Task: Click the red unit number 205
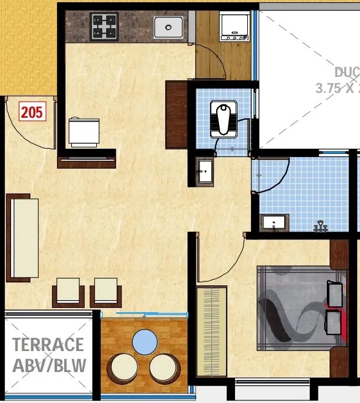point(32,112)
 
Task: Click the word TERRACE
point(48,344)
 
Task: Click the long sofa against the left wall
point(24,238)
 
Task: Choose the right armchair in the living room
point(106,291)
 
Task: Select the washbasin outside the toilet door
point(204,171)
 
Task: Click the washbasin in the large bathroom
point(274,222)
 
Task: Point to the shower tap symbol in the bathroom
point(319,226)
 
